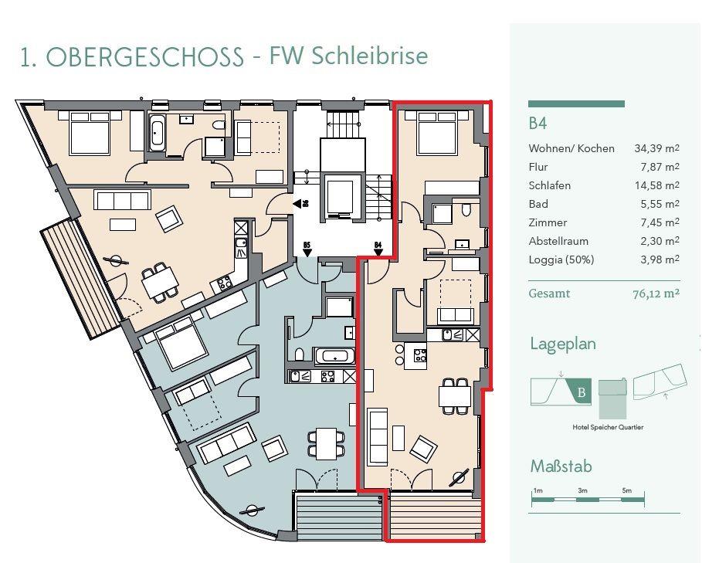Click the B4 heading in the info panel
pyautogui.click(x=538, y=124)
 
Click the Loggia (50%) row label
pyautogui.click(x=561, y=259)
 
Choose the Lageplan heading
pyautogui.click(x=563, y=344)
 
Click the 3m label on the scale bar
pyautogui.click(x=582, y=490)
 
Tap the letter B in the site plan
pyautogui.click(x=582, y=392)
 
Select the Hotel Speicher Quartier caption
pyautogui.click(x=608, y=427)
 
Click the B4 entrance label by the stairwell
pyautogui.click(x=378, y=246)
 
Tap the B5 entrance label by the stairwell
pyautogui.click(x=307, y=246)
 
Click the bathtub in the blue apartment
pyautogui.click(x=334, y=357)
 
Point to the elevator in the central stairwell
pyautogui.click(x=337, y=197)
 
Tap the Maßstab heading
pyautogui.click(x=561, y=466)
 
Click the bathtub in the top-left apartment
pyautogui.click(x=157, y=134)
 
